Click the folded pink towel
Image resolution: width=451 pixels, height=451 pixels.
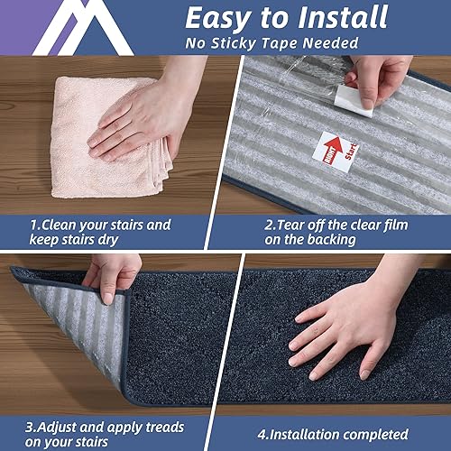click(x=104, y=135)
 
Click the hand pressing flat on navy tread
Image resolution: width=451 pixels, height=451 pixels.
click(x=347, y=320)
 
